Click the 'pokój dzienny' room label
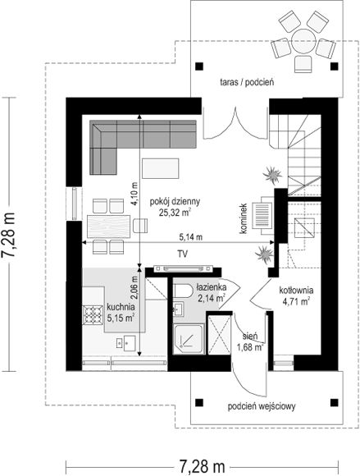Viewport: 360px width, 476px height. click(175, 202)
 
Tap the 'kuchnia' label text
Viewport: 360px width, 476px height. click(121, 307)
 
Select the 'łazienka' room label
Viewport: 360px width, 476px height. click(211, 287)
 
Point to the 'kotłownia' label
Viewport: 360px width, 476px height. click(296, 291)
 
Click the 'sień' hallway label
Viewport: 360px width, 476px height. click(250, 336)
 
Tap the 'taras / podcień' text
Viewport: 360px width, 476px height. click(247, 82)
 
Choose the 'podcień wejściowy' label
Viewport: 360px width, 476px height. click(262, 406)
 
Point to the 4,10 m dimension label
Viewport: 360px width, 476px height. click(134, 194)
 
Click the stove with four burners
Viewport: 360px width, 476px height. click(93, 314)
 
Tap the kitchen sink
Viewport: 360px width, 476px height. click(126, 343)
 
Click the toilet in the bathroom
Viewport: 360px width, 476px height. click(183, 291)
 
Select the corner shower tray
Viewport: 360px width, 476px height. click(189, 339)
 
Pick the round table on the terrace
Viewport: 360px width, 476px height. click(303, 42)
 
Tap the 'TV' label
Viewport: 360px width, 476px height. click(182, 254)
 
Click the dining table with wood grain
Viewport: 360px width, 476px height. click(108, 227)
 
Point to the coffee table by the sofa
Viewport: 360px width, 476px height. click(161, 168)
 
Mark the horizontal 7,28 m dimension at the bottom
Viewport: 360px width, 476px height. click(202, 465)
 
